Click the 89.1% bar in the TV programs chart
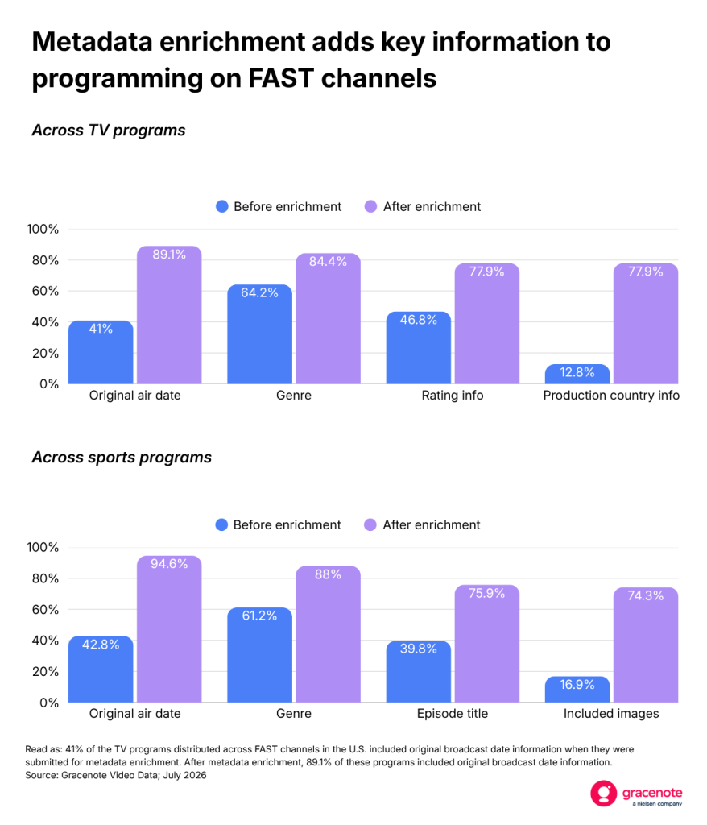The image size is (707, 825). (x=169, y=315)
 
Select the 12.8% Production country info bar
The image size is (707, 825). (x=577, y=374)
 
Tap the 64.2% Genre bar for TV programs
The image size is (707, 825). (x=259, y=334)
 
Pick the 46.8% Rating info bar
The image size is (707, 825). (x=418, y=348)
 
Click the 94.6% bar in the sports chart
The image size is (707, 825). (x=169, y=628)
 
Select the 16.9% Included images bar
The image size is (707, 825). (x=577, y=690)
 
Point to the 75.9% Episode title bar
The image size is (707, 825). (x=486, y=644)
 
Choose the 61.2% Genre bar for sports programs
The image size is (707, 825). (x=259, y=655)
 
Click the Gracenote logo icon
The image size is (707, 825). (x=603, y=793)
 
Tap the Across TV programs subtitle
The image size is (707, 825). (x=109, y=130)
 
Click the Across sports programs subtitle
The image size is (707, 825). (x=122, y=458)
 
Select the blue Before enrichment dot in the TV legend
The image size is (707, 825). (x=222, y=207)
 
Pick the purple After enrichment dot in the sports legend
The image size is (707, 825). (x=370, y=525)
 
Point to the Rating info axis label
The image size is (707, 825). (x=453, y=395)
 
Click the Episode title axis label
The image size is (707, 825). (x=453, y=714)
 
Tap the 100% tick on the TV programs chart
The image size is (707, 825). (x=43, y=230)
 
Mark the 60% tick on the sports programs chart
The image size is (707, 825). (x=45, y=610)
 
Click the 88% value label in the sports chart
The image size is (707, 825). (x=328, y=574)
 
